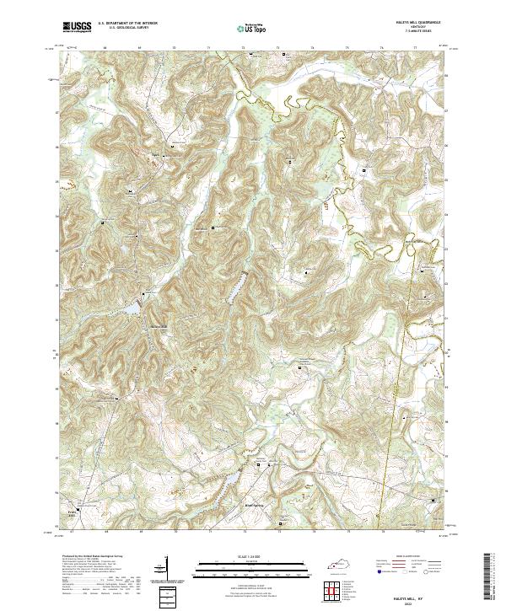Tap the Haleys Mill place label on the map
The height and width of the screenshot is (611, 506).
[x=159, y=327]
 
